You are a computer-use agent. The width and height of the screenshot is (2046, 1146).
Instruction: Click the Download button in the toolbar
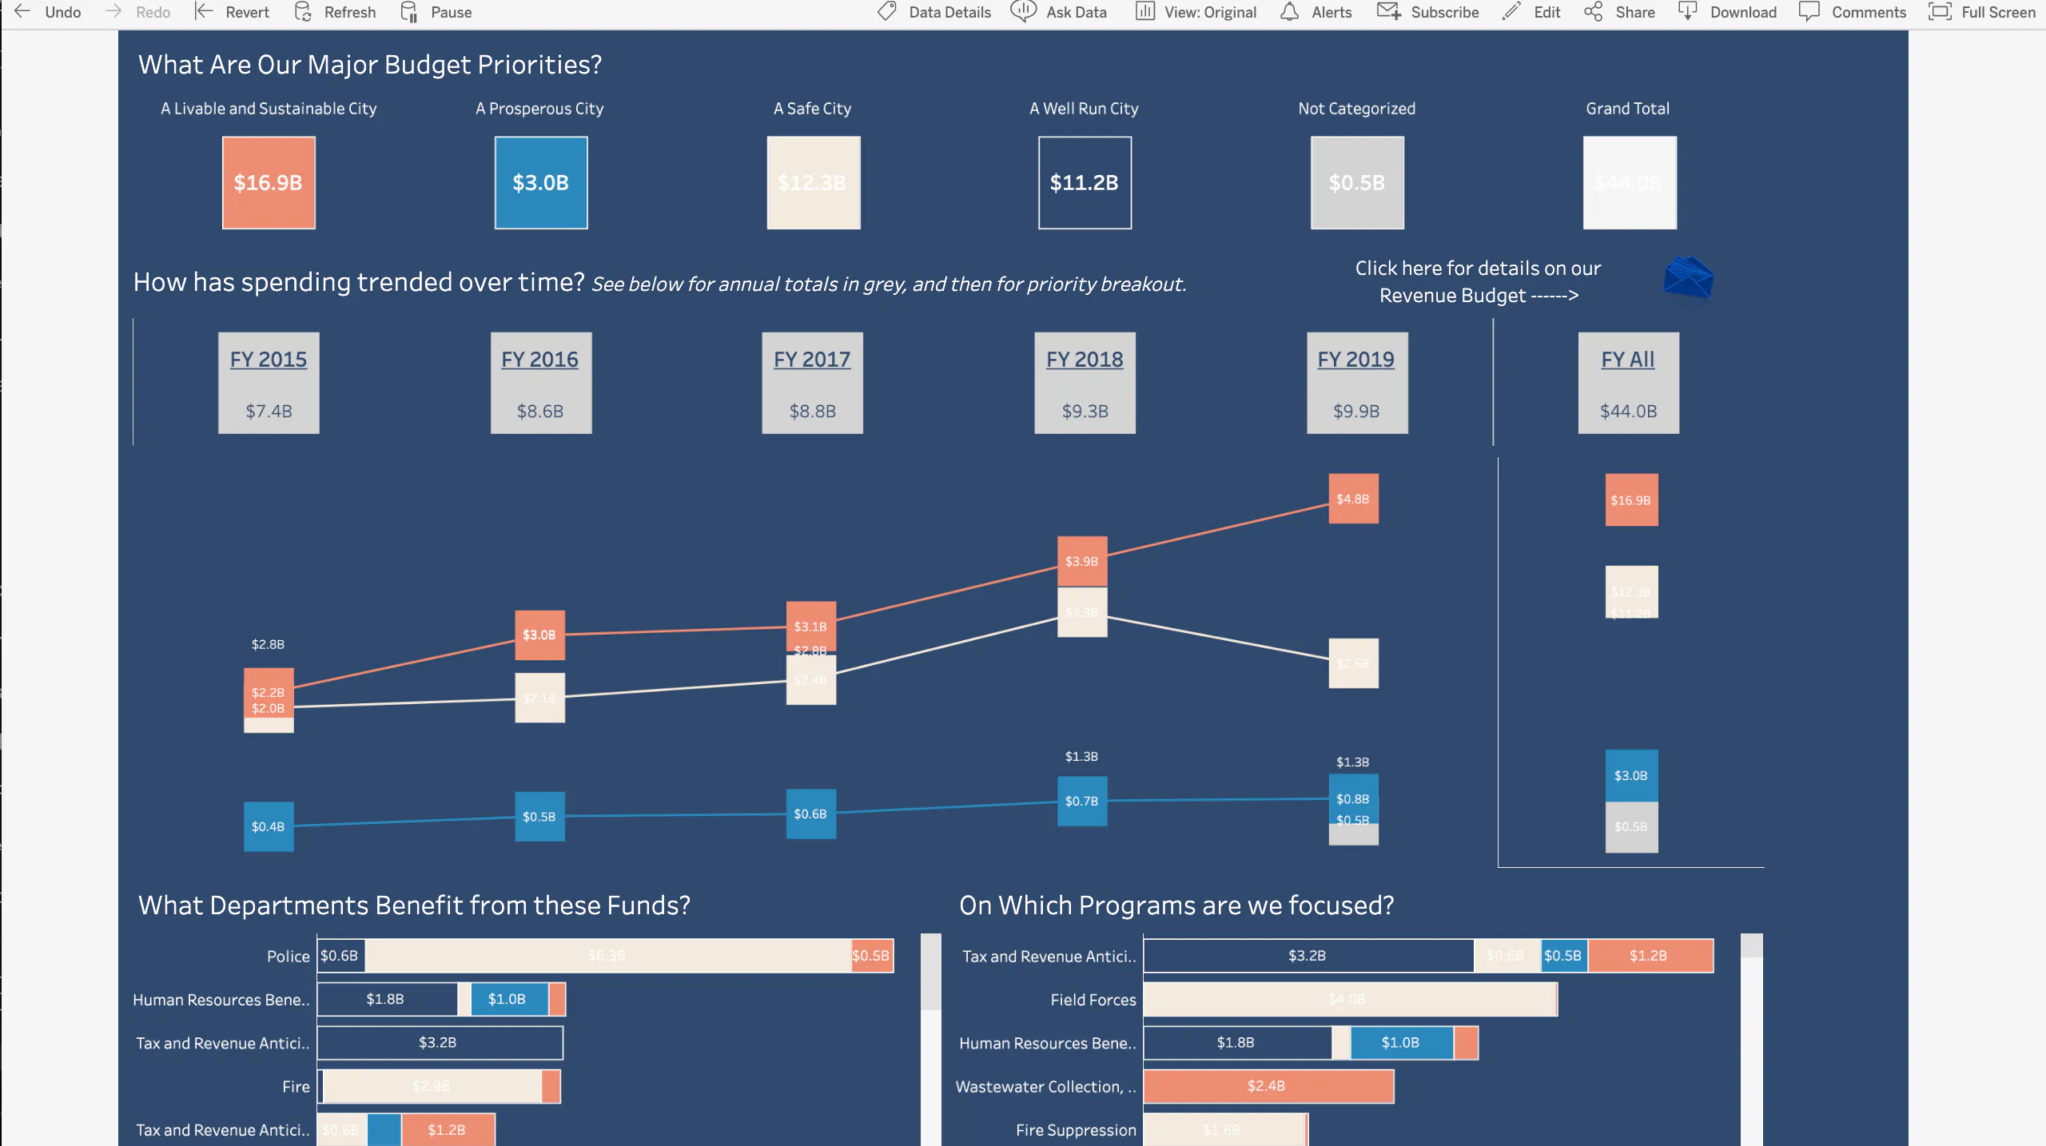1728,12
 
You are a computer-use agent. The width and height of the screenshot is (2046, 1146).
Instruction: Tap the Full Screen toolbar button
1982,12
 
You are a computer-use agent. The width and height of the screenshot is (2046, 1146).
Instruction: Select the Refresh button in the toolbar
336,12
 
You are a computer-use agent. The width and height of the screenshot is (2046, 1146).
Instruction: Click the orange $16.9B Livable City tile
269,183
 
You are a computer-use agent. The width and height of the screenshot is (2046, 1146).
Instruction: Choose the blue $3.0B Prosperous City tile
541,183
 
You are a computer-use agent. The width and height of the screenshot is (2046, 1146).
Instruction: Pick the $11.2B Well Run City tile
1085,183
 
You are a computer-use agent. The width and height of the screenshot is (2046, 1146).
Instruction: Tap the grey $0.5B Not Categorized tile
1357,183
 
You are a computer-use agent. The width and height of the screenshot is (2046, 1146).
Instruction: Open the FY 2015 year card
269,384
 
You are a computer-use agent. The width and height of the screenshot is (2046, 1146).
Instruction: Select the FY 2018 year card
1085,384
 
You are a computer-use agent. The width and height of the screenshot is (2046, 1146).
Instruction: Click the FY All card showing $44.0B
1628,384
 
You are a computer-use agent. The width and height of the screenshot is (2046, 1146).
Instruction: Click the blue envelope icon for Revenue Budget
1688,277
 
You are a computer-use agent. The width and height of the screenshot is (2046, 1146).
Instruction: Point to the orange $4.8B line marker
1353,499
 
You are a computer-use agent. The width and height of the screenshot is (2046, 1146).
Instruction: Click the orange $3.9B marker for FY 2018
1082,561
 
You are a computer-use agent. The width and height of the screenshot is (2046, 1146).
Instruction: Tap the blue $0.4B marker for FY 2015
269,826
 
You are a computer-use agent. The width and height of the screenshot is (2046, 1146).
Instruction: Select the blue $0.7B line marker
1082,801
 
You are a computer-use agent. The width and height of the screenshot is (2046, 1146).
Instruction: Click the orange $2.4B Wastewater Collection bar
1268,1086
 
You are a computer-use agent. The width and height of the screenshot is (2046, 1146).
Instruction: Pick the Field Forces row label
1093,1000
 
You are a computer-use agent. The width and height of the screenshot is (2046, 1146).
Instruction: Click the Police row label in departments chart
288,957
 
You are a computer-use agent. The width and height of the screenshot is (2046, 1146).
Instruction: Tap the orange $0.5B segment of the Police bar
871,956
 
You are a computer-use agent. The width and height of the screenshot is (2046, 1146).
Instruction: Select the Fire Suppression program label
1075,1130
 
